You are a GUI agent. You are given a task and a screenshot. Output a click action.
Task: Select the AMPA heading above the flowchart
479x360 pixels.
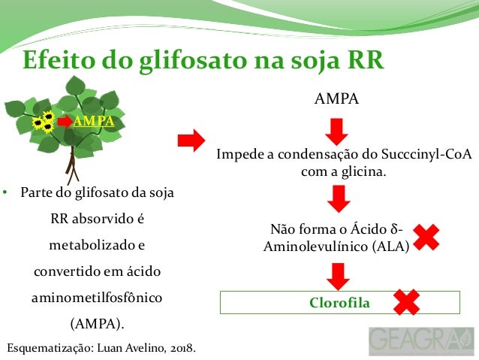tap(336, 99)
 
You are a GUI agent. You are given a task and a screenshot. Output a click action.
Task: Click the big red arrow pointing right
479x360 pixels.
tap(191, 140)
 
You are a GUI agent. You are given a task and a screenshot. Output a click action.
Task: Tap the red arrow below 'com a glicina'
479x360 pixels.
tap(339, 198)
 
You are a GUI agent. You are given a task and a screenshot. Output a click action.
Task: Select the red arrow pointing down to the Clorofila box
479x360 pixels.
tap(339, 275)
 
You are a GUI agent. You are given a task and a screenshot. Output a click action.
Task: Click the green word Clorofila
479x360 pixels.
tap(339, 302)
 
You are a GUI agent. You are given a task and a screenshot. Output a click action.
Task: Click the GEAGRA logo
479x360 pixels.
tap(421, 341)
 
